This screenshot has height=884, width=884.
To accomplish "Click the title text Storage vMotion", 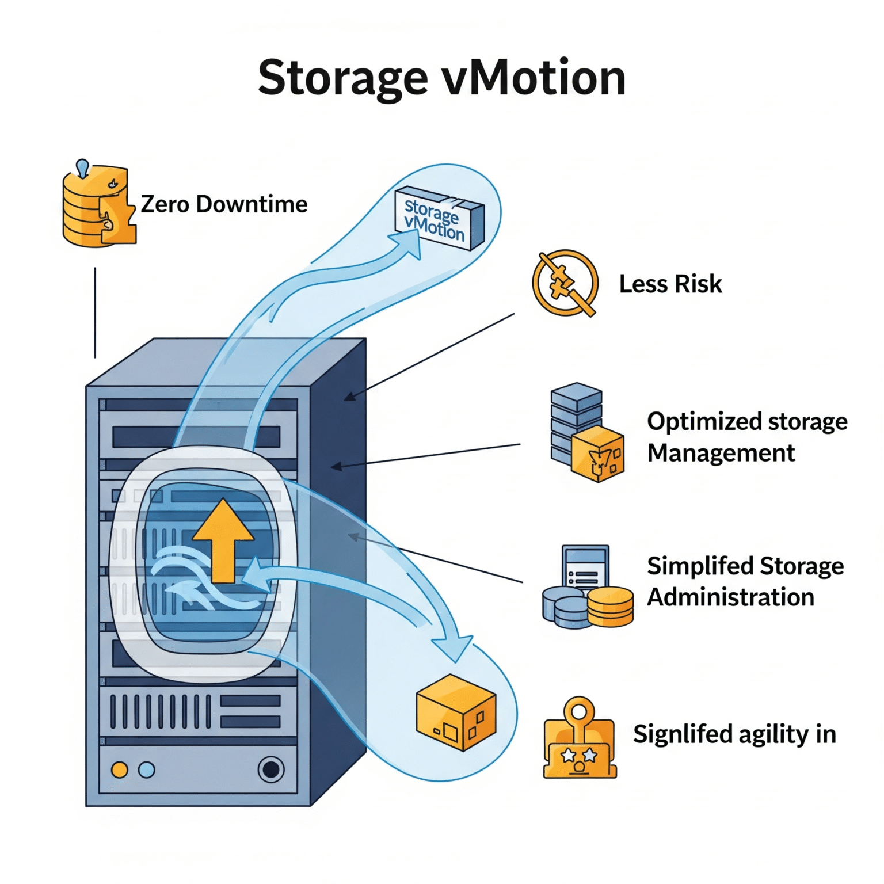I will pos(441,78).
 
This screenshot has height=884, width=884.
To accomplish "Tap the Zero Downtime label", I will pos(224,204).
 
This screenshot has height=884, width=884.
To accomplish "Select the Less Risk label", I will pos(670,284).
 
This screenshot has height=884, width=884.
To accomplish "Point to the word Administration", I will pos(730,597).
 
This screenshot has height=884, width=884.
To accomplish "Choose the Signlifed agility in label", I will pos(734,734).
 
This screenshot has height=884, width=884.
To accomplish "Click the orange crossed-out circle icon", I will pos(565,283).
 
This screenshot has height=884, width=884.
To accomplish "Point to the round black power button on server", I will pos(270,769).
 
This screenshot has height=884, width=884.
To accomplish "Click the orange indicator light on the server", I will pos(120,769).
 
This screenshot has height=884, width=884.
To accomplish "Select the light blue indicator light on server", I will pos(147,769).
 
